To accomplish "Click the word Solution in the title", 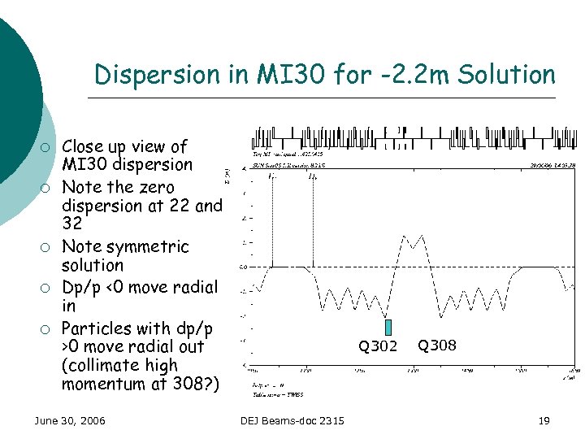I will (x=505, y=75).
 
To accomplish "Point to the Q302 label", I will (x=378, y=347).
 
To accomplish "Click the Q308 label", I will (x=436, y=346).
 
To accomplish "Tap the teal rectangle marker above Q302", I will (x=388, y=327).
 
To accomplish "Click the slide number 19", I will (x=544, y=420).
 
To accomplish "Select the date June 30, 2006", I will (x=69, y=420).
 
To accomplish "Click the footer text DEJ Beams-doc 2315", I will (x=292, y=420).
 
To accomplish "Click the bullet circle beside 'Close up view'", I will (x=49, y=147).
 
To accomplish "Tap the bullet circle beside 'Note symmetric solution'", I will (x=49, y=247).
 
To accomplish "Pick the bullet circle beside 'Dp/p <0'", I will (x=49, y=288).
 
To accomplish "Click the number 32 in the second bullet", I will (x=71, y=223).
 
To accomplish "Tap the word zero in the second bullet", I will (x=154, y=188).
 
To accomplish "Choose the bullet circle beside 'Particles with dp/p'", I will (x=49, y=329).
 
